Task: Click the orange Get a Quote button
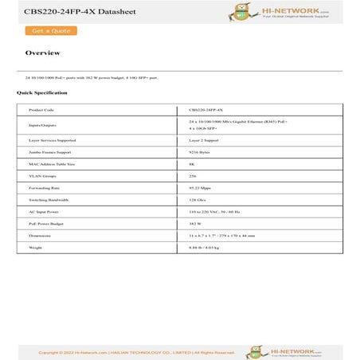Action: [x=51, y=31]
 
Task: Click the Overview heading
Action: [x=42, y=53]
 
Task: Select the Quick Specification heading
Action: [x=42, y=92]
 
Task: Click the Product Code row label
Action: [x=41, y=110]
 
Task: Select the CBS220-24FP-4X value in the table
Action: [x=206, y=110]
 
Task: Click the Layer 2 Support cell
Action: [x=204, y=139]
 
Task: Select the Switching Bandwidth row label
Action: [x=49, y=199]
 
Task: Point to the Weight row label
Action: [x=35, y=248]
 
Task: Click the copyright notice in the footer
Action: [x=136, y=352]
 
